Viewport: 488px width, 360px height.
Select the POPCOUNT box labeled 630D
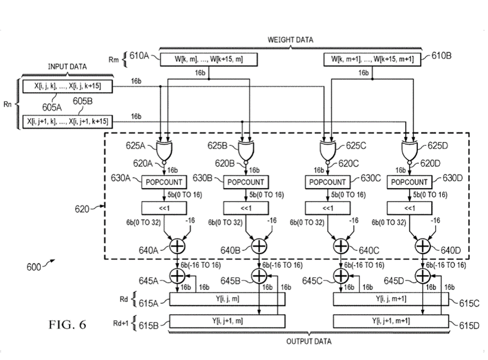(x=410, y=182)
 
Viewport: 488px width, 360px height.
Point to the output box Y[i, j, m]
(x=227, y=299)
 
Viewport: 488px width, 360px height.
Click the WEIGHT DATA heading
(x=290, y=40)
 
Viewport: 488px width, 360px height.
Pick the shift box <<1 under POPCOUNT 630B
(x=245, y=208)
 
